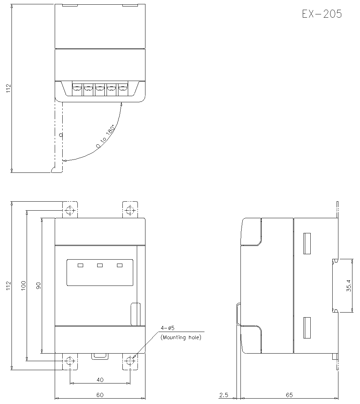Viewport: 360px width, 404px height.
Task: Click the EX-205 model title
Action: [x=322, y=14]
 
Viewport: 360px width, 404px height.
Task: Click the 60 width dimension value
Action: [x=100, y=395]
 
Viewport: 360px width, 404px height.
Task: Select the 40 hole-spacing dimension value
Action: [x=100, y=380]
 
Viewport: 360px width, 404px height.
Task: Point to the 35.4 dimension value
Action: [x=349, y=286]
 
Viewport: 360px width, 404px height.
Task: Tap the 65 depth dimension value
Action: [x=289, y=395]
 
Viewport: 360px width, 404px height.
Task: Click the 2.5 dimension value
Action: [x=224, y=395]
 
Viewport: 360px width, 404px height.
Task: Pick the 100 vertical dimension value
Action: [x=23, y=286]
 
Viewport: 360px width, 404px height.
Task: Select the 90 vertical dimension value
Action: [x=39, y=286]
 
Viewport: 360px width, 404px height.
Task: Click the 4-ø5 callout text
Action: [x=168, y=328]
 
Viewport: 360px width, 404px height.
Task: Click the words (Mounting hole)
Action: [x=181, y=337]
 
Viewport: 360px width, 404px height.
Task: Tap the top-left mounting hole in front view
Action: [x=70, y=211]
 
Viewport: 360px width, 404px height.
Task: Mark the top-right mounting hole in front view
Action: [x=130, y=211]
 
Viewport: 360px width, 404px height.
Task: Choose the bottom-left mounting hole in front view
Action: [x=70, y=361]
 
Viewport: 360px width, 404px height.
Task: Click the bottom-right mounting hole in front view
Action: [x=130, y=361]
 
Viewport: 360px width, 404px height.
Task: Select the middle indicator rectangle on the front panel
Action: [x=100, y=265]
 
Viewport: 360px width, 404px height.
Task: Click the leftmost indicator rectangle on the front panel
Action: [x=80, y=265]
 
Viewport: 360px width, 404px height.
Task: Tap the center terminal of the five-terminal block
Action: [x=100, y=89]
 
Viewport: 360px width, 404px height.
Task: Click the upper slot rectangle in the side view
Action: [x=307, y=243]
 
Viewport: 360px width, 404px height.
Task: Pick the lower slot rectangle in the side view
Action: [x=307, y=328]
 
